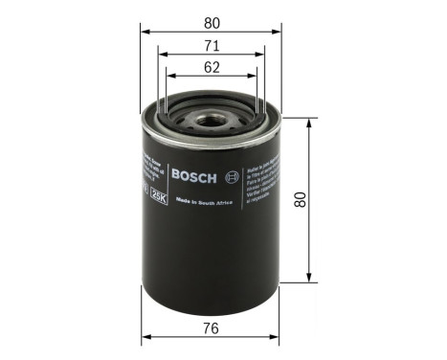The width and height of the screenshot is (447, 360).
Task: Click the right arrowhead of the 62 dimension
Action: click(x=257, y=79)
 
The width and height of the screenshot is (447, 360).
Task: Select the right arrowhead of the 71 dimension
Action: click(x=265, y=56)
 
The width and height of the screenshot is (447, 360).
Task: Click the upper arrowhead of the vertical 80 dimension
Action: click(x=310, y=124)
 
